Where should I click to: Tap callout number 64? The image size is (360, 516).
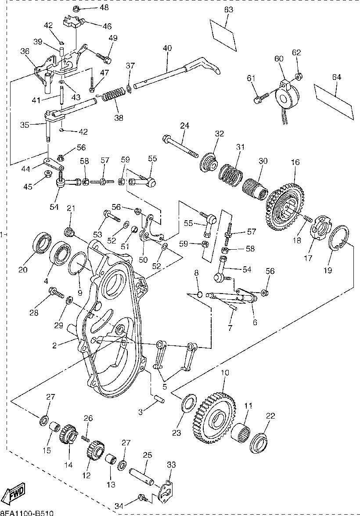pos(336,78)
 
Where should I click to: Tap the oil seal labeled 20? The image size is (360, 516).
pos(42,244)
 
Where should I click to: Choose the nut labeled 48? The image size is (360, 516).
pos(76,8)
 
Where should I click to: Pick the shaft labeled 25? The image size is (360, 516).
pos(141,476)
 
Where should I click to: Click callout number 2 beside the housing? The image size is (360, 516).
pos(54,345)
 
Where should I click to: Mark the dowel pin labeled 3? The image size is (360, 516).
pos(159,399)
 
